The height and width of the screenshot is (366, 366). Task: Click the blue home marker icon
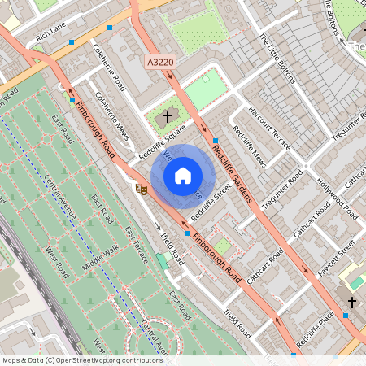point(183,175)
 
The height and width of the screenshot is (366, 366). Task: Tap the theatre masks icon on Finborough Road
point(140,188)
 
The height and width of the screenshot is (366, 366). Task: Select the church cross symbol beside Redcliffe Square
point(168,117)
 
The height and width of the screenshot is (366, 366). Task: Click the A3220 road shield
point(161,62)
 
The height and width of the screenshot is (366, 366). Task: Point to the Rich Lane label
point(51,37)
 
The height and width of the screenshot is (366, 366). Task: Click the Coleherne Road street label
point(109,72)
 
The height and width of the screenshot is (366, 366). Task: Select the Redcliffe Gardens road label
point(231,172)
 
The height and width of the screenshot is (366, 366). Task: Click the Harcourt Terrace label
point(269,127)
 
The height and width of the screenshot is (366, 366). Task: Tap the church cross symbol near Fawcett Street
point(351,302)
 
